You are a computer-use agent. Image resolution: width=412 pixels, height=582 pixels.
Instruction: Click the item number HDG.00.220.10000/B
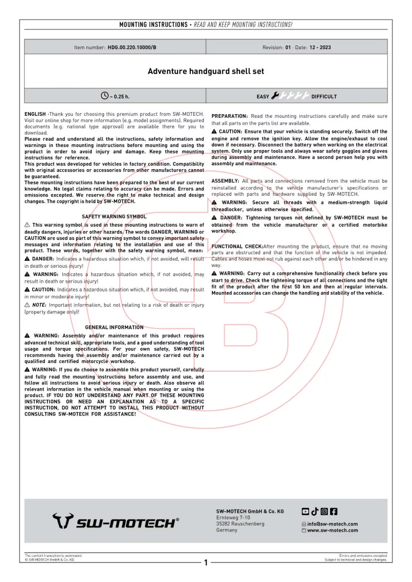[x=132, y=47]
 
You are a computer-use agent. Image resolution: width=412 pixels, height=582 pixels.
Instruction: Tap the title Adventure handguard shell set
[x=206, y=72]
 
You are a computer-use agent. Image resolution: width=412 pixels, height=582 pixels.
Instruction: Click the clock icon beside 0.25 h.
[x=105, y=96]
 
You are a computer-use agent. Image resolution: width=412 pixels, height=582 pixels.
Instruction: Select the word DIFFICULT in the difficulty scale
[x=324, y=97]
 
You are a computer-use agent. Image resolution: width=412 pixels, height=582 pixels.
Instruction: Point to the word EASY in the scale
[x=263, y=97]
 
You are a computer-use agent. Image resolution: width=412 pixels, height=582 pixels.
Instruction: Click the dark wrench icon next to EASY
[x=275, y=96]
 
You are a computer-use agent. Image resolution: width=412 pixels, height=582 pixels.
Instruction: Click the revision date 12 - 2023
[x=320, y=47]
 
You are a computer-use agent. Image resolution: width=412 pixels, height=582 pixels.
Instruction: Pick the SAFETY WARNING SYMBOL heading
[x=114, y=217]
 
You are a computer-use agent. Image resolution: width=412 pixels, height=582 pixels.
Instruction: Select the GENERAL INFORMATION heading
[x=114, y=328]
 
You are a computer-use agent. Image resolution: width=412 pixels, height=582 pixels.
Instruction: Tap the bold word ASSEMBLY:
[x=225, y=181]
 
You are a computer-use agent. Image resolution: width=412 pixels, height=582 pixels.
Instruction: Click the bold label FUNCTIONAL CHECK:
[x=237, y=247]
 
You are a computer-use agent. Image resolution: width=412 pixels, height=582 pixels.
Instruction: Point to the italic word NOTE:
[x=39, y=305]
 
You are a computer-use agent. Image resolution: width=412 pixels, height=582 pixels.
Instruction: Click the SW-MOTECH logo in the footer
[x=116, y=521]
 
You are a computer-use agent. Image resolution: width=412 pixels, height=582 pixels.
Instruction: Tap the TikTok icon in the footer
[x=315, y=512]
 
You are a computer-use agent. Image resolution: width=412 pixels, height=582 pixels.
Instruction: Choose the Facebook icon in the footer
[x=334, y=512]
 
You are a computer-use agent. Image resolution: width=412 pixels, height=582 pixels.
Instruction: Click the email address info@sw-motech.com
[x=332, y=524]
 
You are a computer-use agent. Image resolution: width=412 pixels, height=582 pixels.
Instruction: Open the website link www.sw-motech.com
[x=332, y=531]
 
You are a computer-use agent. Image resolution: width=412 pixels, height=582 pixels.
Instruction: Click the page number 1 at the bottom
[x=206, y=563]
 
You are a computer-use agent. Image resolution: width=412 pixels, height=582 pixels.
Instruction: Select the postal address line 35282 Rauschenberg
[x=240, y=524]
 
